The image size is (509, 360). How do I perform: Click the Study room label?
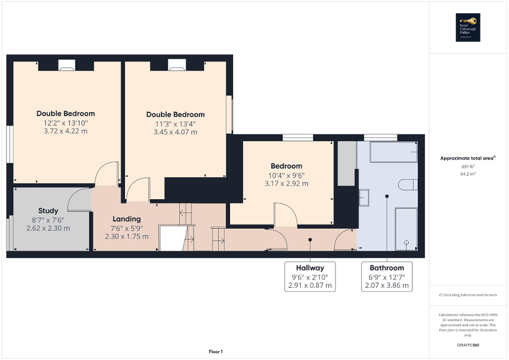(48, 211)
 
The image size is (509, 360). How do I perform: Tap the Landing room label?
(127, 219)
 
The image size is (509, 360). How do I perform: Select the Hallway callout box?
(310, 276)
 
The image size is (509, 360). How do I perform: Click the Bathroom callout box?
(387, 276)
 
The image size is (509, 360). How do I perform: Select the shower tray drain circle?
(406, 242)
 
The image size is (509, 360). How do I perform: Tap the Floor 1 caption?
(215, 352)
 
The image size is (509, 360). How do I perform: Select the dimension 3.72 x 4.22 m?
(65, 131)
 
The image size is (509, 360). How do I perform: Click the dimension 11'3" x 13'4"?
(175, 124)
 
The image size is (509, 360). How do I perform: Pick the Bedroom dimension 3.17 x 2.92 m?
(287, 184)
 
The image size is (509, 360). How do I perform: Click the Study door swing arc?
(79, 199)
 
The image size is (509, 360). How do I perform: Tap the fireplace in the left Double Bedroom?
(66, 65)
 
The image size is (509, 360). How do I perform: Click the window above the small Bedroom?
(297, 138)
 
